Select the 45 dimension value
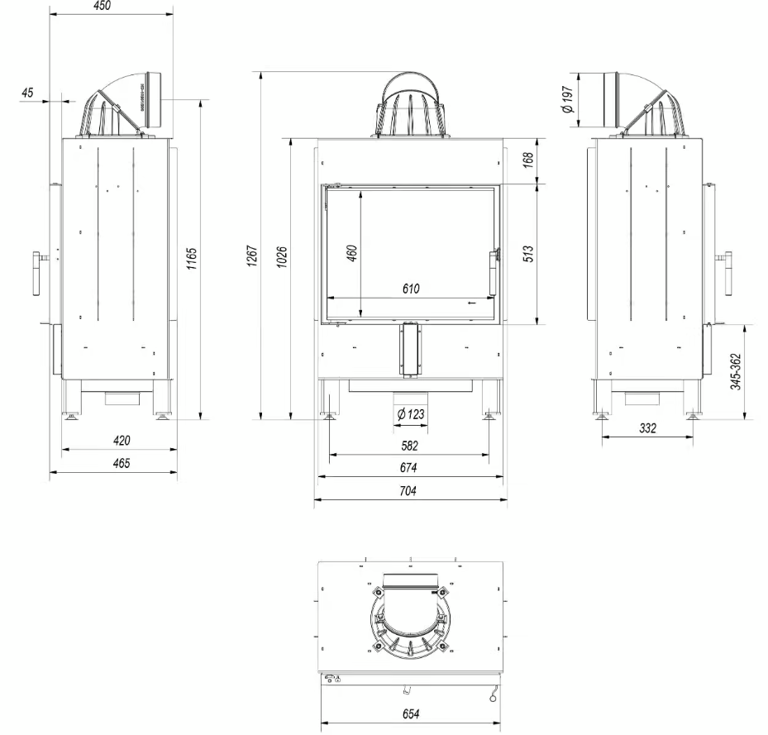(28, 93)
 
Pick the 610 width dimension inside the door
(412, 289)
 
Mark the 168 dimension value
(529, 157)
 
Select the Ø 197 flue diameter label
(567, 100)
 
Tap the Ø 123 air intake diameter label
(410, 413)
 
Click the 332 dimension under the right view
(647, 428)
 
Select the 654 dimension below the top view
(410, 713)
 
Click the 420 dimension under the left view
(121, 441)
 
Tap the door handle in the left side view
(37, 274)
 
